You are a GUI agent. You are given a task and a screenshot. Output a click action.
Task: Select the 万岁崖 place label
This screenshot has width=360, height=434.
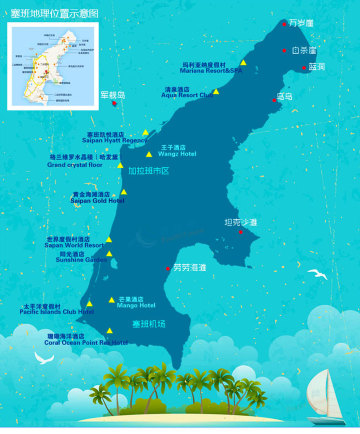301,22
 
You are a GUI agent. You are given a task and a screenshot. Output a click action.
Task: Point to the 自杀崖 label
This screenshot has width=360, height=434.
304,49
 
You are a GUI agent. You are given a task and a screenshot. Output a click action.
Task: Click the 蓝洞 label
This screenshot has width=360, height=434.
316,67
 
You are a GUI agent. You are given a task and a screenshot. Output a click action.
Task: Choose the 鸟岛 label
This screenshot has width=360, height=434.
285,97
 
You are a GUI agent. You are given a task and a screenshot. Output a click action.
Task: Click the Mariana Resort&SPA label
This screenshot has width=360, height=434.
211,70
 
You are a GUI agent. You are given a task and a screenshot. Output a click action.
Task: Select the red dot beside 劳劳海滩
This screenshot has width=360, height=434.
167,268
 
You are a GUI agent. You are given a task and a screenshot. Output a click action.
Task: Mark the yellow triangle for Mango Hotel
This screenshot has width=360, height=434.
111,298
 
